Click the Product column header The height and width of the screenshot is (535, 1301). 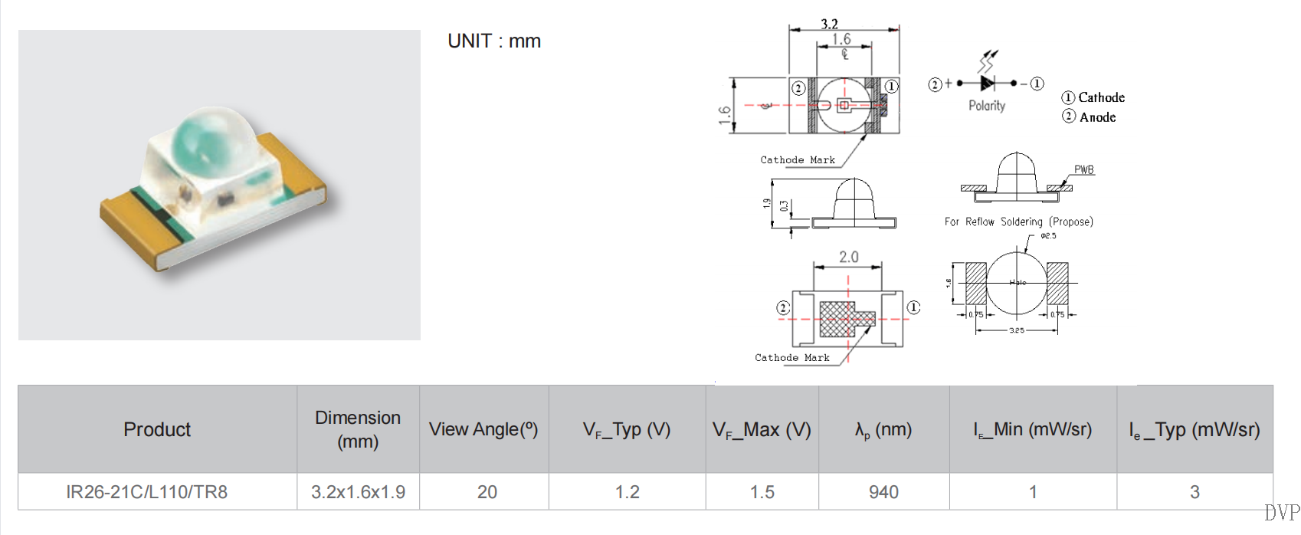tap(157, 429)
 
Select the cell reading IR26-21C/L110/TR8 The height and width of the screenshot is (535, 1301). tap(146, 492)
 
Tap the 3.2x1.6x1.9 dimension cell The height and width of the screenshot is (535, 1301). tap(358, 492)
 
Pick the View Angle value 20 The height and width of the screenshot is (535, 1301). tap(487, 492)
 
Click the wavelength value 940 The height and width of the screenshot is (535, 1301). tap(883, 492)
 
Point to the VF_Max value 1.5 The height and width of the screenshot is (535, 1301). tap(762, 492)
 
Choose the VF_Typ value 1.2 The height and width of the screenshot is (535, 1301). tap(627, 492)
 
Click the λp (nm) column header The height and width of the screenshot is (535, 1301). tap(883, 429)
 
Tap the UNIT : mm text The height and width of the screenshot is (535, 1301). tap(494, 41)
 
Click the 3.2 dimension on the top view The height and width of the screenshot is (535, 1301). tap(829, 24)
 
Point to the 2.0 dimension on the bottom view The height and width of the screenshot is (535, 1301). tap(848, 258)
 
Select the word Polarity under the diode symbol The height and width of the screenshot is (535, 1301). tap(987, 106)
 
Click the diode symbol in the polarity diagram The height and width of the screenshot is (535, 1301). tap(988, 83)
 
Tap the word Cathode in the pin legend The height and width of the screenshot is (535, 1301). tap(1101, 97)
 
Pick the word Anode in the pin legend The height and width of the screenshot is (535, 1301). tap(1097, 117)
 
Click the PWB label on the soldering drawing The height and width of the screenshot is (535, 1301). tap(1083, 169)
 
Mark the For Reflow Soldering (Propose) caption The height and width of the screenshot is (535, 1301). tap(1018, 222)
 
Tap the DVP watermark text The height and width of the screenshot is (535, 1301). tap(1282, 512)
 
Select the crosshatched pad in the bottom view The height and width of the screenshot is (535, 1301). tap(837, 319)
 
